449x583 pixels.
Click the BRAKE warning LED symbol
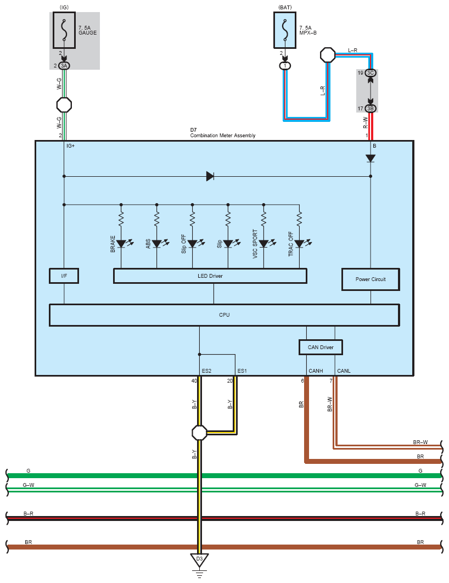click(x=121, y=244)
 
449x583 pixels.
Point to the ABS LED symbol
click(x=157, y=244)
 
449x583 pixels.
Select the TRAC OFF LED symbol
click(x=299, y=244)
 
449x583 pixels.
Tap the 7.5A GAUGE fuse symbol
click(x=64, y=30)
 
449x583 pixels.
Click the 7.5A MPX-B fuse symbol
click(x=285, y=30)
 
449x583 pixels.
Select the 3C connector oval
click(x=370, y=73)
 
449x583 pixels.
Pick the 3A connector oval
click(x=64, y=66)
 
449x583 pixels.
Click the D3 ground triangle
click(x=199, y=559)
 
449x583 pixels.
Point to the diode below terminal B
click(x=370, y=159)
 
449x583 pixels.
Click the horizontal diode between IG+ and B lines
click(x=210, y=176)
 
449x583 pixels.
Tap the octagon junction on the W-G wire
click(x=64, y=105)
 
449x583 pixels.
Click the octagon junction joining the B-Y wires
click(x=199, y=433)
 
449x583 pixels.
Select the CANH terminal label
click(x=316, y=371)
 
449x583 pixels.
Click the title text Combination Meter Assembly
click(x=223, y=136)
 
